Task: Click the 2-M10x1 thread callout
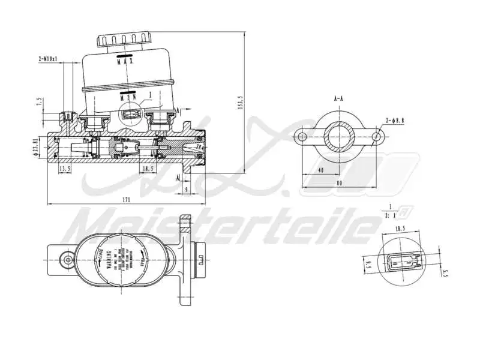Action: (x=48, y=59)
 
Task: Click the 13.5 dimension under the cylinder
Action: (x=65, y=170)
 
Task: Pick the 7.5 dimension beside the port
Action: (x=40, y=102)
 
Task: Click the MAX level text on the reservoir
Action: (x=125, y=61)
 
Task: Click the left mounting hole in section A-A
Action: (x=302, y=137)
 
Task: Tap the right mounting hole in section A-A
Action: (x=377, y=137)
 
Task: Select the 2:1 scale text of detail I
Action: (x=390, y=214)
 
